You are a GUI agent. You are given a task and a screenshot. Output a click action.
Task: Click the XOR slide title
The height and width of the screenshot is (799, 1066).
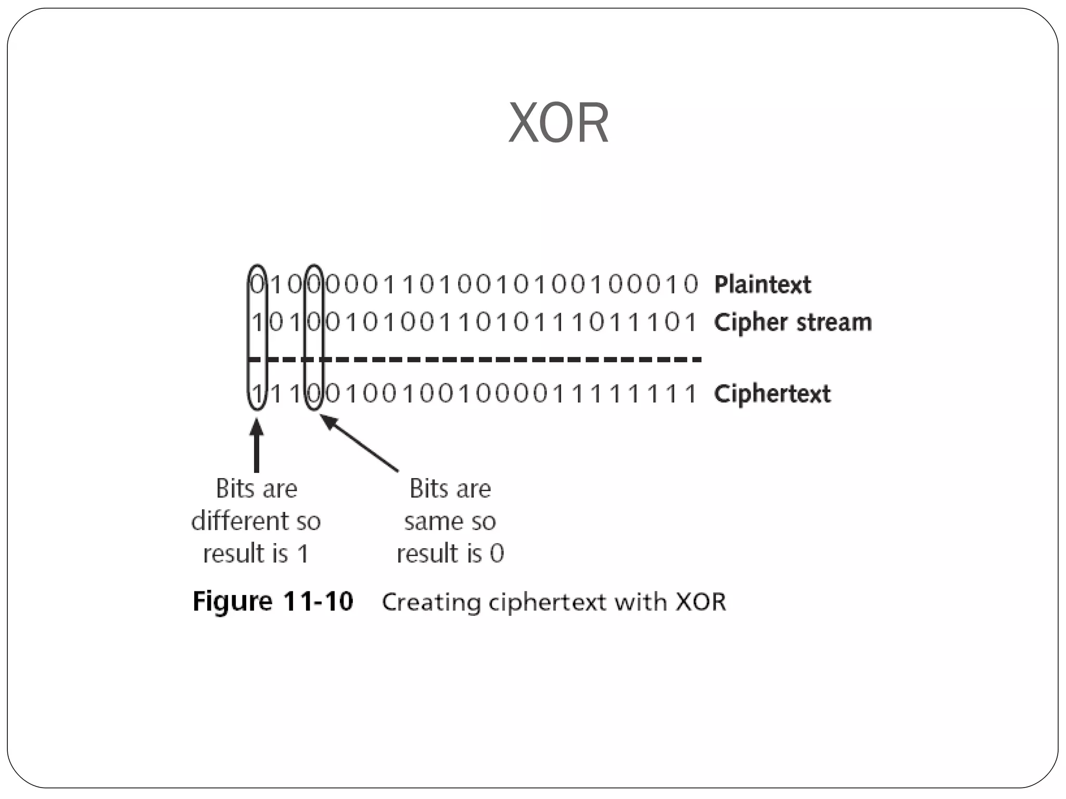click(x=558, y=123)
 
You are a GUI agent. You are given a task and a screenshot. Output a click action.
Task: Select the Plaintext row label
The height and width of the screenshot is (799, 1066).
click(x=762, y=285)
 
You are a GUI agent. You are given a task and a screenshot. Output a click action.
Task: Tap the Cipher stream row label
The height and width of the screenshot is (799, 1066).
click(x=792, y=323)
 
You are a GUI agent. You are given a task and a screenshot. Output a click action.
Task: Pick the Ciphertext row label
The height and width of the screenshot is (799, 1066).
click(x=772, y=394)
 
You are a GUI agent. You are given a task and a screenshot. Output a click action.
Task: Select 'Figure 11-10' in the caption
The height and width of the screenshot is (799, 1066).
click(x=273, y=601)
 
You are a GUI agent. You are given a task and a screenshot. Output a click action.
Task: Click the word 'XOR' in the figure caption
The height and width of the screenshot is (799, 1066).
click(x=701, y=602)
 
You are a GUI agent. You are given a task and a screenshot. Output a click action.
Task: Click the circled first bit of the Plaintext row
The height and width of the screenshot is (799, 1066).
click(x=257, y=285)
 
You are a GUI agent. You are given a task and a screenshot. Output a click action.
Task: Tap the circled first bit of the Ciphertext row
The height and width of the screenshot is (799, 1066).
click(x=257, y=394)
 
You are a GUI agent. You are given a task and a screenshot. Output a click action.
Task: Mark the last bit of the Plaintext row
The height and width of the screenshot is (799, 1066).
click(x=691, y=285)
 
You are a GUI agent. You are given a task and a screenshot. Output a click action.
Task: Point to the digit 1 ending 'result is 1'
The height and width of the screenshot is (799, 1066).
click(x=302, y=553)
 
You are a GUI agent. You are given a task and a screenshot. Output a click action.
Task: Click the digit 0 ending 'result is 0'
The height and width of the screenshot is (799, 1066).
click(x=497, y=553)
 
